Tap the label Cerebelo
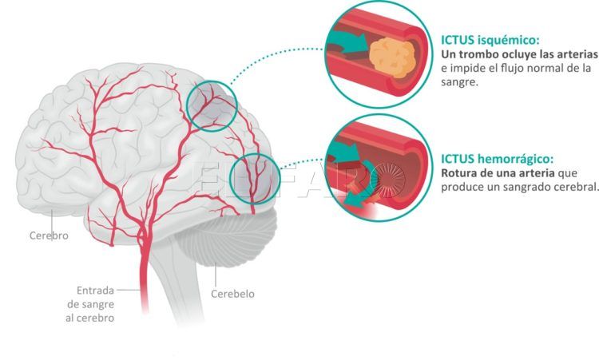(232, 294)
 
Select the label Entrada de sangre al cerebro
(95, 304)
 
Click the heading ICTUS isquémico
(490, 39)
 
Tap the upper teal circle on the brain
(212, 105)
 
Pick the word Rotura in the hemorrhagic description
(461, 173)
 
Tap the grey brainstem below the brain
(172, 287)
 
